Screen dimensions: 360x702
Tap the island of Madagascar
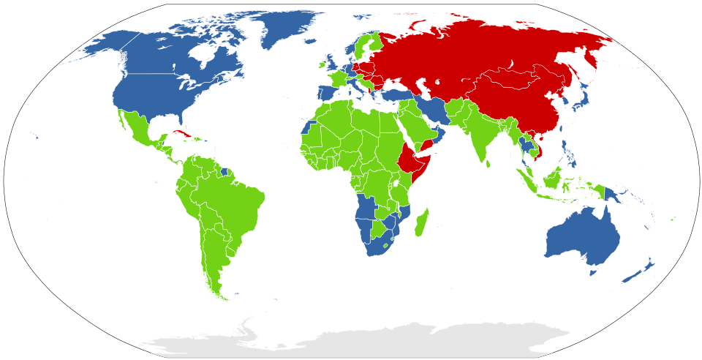[x=421, y=222]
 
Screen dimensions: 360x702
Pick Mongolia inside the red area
[x=523, y=78]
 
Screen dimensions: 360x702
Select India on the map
[x=479, y=135]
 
